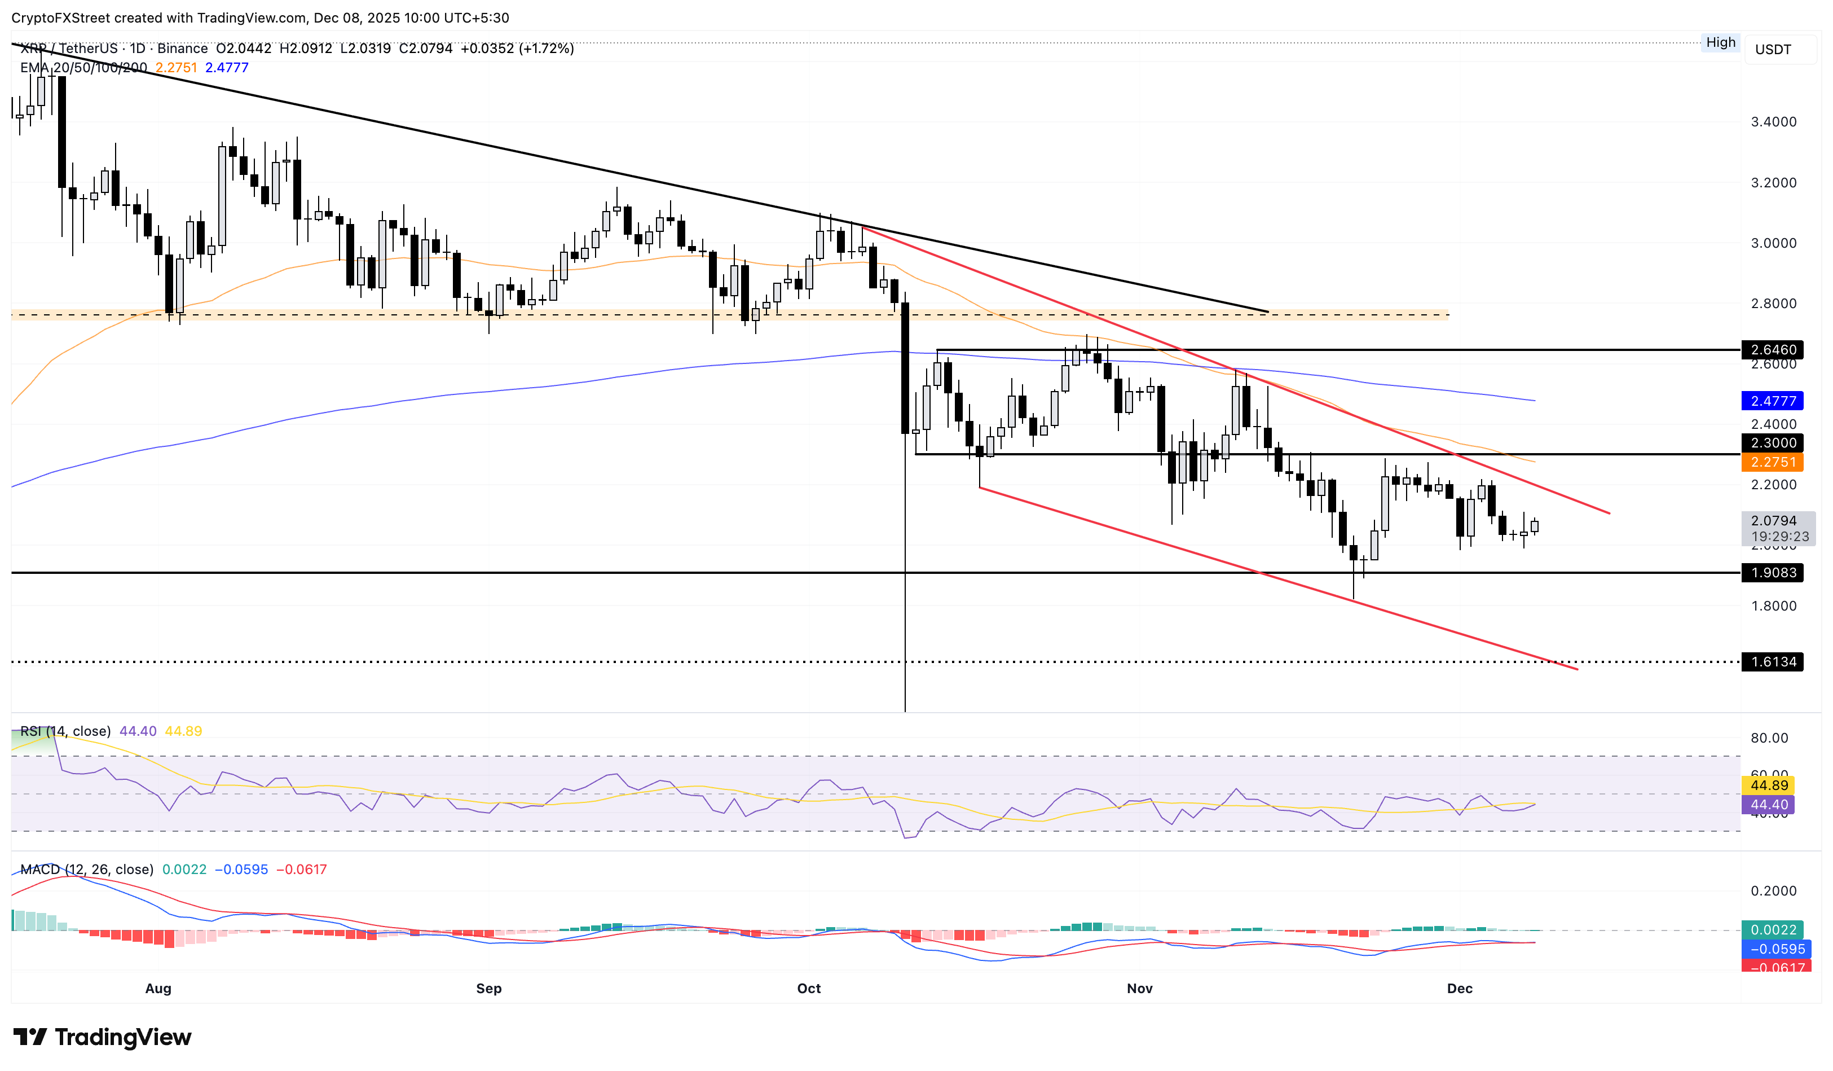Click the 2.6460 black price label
pyautogui.click(x=1773, y=350)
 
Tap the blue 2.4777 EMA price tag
pyautogui.click(x=1773, y=401)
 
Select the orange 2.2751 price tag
pyautogui.click(x=1773, y=462)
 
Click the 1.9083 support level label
pyautogui.click(x=1773, y=573)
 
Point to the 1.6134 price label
pyautogui.click(x=1773, y=662)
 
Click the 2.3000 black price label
pyautogui.click(x=1773, y=442)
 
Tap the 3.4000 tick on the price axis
pyautogui.click(x=1773, y=121)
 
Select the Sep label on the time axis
pyautogui.click(x=489, y=988)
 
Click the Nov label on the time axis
pyautogui.click(x=1139, y=988)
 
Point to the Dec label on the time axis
pyautogui.click(x=1459, y=988)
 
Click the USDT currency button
pyautogui.click(x=1773, y=50)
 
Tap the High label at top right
pyautogui.click(x=1720, y=42)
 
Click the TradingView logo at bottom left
pyautogui.click(x=103, y=1037)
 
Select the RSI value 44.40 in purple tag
pyautogui.click(x=1768, y=805)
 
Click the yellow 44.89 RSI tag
pyautogui.click(x=1768, y=785)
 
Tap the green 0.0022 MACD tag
pyautogui.click(x=1773, y=930)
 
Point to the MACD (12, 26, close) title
pyautogui.click(x=86, y=870)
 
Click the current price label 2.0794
pyautogui.click(x=1773, y=521)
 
